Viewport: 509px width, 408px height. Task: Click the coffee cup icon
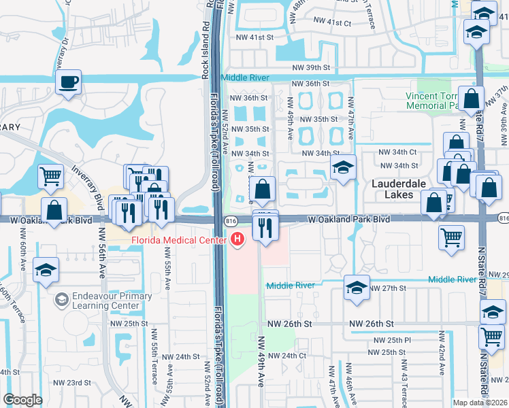[68, 83]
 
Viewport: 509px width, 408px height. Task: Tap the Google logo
[22, 400]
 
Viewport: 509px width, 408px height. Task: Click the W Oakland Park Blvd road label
[348, 220]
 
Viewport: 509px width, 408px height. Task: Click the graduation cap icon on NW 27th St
[357, 287]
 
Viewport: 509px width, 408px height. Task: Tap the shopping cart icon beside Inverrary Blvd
[51, 176]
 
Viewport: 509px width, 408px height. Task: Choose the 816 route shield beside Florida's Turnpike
[231, 220]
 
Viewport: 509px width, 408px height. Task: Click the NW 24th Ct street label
[286, 356]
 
